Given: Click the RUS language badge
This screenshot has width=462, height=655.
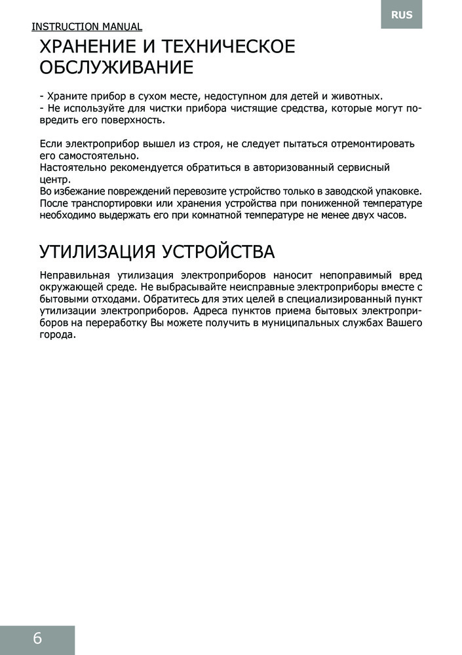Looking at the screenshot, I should coord(402,14).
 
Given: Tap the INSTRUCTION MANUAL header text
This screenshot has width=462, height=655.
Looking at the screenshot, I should coord(87,27).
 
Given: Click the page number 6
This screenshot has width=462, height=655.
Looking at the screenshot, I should coord(37,639).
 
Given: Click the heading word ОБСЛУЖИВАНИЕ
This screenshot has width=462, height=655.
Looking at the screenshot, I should coord(117,67).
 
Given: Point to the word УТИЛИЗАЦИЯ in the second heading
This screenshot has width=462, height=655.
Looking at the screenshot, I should coord(96,252).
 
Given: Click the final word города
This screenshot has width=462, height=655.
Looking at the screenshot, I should coord(58,335).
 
